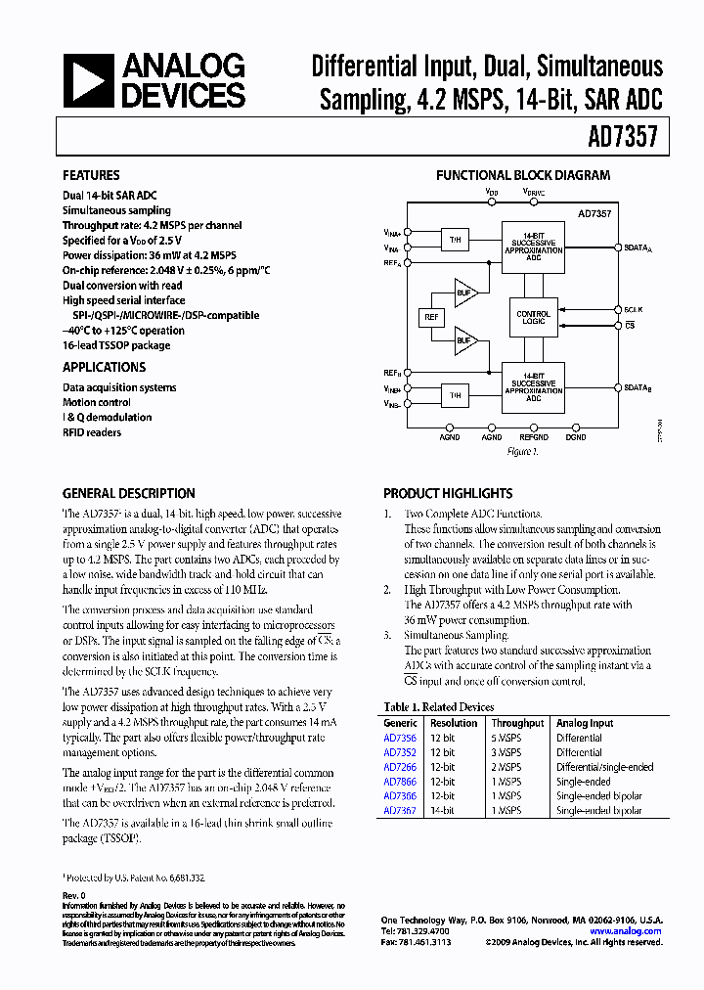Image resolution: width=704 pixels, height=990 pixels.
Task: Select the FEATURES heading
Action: (91, 176)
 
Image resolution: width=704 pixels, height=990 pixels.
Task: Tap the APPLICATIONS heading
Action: (104, 367)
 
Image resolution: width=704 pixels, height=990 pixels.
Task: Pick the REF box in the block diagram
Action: (431, 318)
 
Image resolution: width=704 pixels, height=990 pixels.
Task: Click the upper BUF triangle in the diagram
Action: (465, 292)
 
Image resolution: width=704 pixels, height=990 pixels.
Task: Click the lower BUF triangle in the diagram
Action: (465, 342)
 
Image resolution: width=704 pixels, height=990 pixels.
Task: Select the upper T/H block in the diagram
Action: (455, 240)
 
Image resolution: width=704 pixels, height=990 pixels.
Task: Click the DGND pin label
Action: (576, 438)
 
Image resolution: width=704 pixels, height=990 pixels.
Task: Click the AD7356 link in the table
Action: (400, 739)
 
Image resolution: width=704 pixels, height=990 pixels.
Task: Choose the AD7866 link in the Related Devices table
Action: (400, 782)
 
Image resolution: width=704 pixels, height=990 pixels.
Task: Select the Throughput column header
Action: (517, 723)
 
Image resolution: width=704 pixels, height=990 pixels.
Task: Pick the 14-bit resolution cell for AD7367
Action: (443, 810)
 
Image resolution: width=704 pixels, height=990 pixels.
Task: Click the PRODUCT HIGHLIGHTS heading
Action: (448, 494)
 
